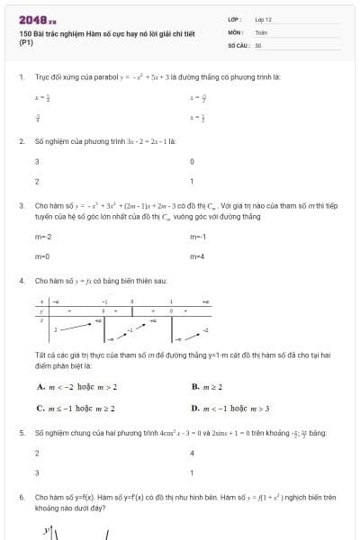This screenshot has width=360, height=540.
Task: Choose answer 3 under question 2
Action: click(37, 162)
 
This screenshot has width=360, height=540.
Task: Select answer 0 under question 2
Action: click(193, 162)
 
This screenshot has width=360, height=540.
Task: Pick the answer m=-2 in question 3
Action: click(42, 237)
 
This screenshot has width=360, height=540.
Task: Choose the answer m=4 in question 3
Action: click(198, 256)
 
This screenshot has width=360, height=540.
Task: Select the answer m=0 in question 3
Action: click(41, 256)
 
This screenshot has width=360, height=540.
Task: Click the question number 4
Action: click(21, 281)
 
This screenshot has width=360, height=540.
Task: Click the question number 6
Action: click(21, 496)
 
